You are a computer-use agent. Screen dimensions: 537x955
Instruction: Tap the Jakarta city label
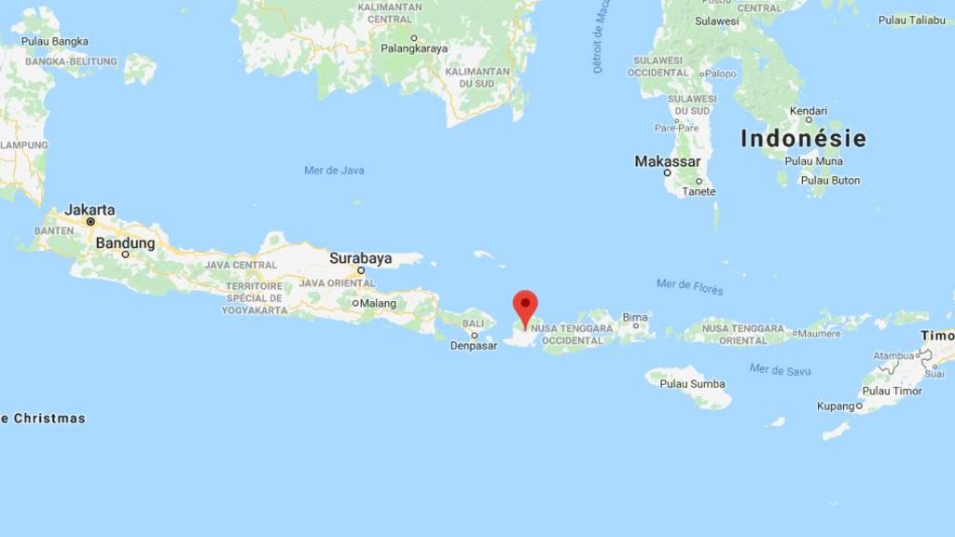click(x=90, y=210)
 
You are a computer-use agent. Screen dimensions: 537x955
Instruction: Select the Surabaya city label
click(x=360, y=258)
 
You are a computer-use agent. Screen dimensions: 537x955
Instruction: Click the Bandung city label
click(x=125, y=242)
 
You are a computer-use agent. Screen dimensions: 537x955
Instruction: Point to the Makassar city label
click(x=667, y=161)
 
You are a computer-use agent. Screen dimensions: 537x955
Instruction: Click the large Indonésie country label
click(x=803, y=139)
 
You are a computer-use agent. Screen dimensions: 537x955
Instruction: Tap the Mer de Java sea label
click(x=334, y=170)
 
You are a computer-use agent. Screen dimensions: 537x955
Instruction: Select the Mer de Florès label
click(x=689, y=286)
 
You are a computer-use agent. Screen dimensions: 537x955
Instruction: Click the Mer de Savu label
click(x=780, y=370)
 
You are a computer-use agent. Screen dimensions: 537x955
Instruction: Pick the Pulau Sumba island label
click(x=692, y=383)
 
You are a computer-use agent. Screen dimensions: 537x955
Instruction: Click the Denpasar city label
click(x=474, y=346)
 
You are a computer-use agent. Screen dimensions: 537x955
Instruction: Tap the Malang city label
click(x=379, y=303)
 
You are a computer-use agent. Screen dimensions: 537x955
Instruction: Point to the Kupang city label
click(x=836, y=406)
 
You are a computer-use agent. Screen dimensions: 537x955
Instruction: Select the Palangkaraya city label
click(x=414, y=48)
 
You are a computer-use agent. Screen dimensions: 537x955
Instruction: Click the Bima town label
click(x=635, y=318)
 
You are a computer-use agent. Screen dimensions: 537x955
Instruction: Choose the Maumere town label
click(x=820, y=333)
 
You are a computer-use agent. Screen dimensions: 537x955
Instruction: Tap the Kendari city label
click(x=808, y=111)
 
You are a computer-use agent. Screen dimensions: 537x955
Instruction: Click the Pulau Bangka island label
click(x=55, y=41)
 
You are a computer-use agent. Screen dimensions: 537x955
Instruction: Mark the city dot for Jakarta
click(x=90, y=222)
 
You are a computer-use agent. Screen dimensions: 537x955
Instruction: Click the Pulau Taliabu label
click(x=911, y=20)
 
